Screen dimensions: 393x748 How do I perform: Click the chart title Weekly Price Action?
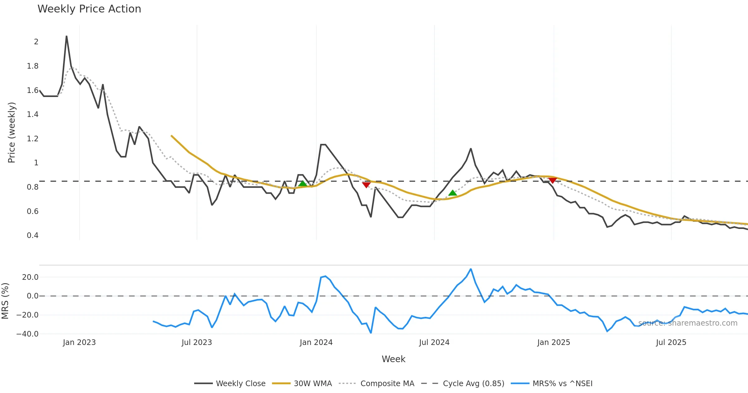coord(89,9)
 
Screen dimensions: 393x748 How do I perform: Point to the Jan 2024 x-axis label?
coord(316,342)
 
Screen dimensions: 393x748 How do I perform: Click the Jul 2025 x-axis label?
coord(671,342)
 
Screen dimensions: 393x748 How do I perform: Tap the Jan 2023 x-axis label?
coord(79,342)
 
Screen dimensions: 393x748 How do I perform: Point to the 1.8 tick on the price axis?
coord(32,66)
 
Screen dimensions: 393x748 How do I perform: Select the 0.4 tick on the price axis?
coord(32,235)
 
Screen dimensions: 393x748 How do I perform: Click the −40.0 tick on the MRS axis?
coord(27,334)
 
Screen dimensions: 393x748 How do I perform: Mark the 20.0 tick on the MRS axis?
coord(30,277)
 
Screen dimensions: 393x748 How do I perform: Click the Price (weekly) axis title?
coord(12,133)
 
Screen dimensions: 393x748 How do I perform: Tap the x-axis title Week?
coord(393,359)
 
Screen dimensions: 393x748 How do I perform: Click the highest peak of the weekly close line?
coord(66,36)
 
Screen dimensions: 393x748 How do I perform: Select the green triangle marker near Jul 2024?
coord(453,193)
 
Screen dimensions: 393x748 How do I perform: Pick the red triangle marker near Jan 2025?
coord(553,181)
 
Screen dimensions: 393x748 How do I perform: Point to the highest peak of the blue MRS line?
coord(471,269)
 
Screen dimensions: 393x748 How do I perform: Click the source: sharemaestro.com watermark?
coord(688,323)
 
